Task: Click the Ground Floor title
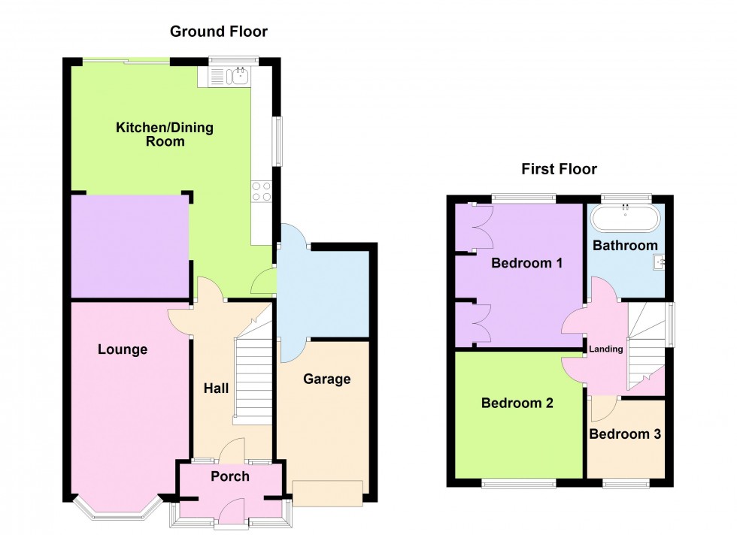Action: (218, 32)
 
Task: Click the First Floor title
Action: (559, 169)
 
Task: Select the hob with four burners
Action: (261, 192)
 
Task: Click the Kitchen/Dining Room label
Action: (164, 134)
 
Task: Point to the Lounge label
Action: (123, 349)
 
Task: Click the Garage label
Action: (326, 379)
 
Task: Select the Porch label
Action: (229, 476)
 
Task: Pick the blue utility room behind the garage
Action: (323, 293)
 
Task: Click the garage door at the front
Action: (328, 492)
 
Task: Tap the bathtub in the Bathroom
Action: (625, 219)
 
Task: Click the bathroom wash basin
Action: (660, 262)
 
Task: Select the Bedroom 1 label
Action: (527, 263)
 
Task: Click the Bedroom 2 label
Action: (517, 403)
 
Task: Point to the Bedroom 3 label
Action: (625, 434)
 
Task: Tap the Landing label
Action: (605, 349)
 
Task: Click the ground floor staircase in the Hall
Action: (252, 379)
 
